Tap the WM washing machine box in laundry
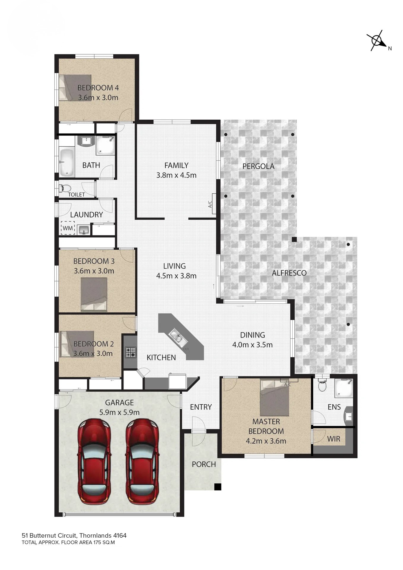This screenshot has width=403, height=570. point(68,228)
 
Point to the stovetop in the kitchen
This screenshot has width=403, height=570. point(131,352)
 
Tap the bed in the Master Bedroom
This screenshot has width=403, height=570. point(275,397)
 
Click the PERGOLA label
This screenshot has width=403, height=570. point(258,166)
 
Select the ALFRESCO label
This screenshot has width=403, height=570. point(289,273)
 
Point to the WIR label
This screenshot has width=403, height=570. point(334,439)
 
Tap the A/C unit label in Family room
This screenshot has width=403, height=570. point(210,204)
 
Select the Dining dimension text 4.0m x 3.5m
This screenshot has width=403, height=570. point(252,345)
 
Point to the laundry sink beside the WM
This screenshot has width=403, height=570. point(84,229)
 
